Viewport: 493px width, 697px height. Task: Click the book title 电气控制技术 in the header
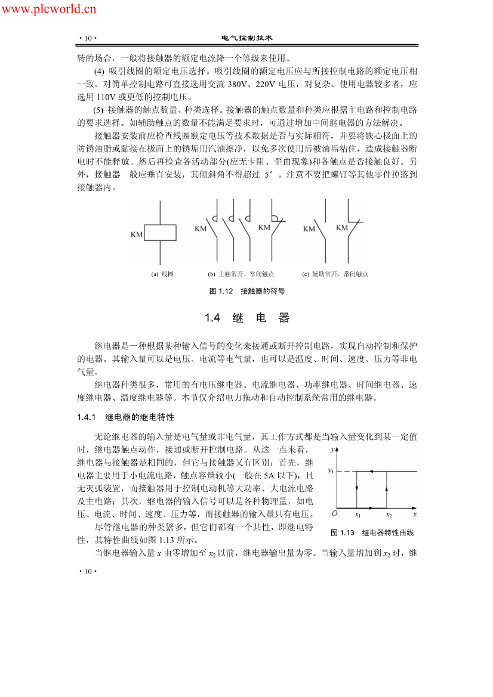point(246,38)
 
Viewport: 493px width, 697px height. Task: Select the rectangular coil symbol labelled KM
point(160,234)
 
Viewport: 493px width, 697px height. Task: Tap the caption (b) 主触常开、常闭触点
point(241,274)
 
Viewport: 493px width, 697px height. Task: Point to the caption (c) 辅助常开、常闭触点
point(335,274)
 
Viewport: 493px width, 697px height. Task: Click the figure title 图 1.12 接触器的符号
point(246,291)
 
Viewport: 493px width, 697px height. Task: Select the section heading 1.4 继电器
point(246,318)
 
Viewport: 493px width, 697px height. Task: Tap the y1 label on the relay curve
point(331,471)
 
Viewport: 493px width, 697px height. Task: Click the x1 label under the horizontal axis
point(357,514)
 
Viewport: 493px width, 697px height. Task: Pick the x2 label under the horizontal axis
point(389,514)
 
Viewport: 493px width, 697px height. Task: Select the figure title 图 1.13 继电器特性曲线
point(372,532)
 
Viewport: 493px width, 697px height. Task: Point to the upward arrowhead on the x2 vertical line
point(388,488)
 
